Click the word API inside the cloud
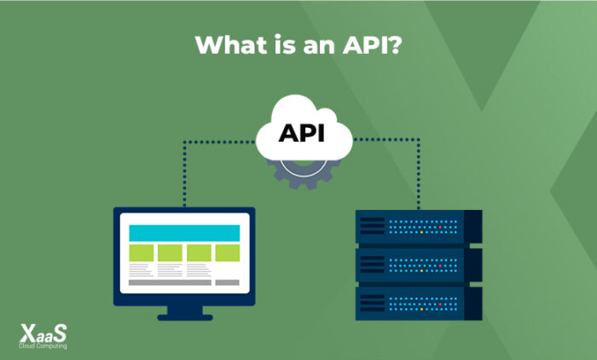pyautogui.click(x=303, y=134)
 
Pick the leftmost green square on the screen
pyautogui.click(x=142, y=253)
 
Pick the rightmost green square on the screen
pyautogui.click(x=228, y=253)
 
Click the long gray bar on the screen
pyautogui.click(x=167, y=282)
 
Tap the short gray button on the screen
pyautogui.click(x=228, y=282)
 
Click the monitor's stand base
pyautogui.click(x=185, y=316)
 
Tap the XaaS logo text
pyautogui.click(x=43, y=334)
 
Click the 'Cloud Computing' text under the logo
pyautogui.click(x=43, y=345)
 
